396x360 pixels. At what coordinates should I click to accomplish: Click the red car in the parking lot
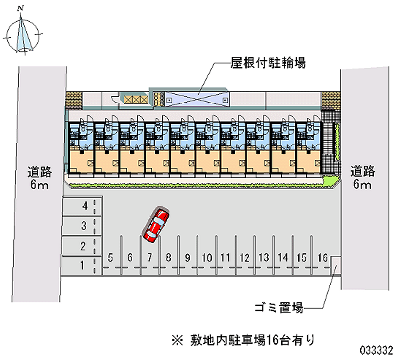[x=156, y=225]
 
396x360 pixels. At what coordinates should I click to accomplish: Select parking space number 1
[x=82, y=265]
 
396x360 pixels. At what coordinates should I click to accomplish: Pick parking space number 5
[x=111, y=257]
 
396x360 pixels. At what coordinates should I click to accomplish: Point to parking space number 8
[x=169, y=257]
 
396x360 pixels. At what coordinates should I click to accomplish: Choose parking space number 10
[x=207, y=257]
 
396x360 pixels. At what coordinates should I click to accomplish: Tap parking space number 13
[x=264, y=257]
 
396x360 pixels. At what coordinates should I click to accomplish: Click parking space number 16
[x=322, y=257]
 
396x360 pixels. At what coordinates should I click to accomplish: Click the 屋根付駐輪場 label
[x=268, y=63]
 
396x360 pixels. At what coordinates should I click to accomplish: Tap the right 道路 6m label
[x=363, y=179]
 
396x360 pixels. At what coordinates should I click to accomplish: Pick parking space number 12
[x=244, y=257]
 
